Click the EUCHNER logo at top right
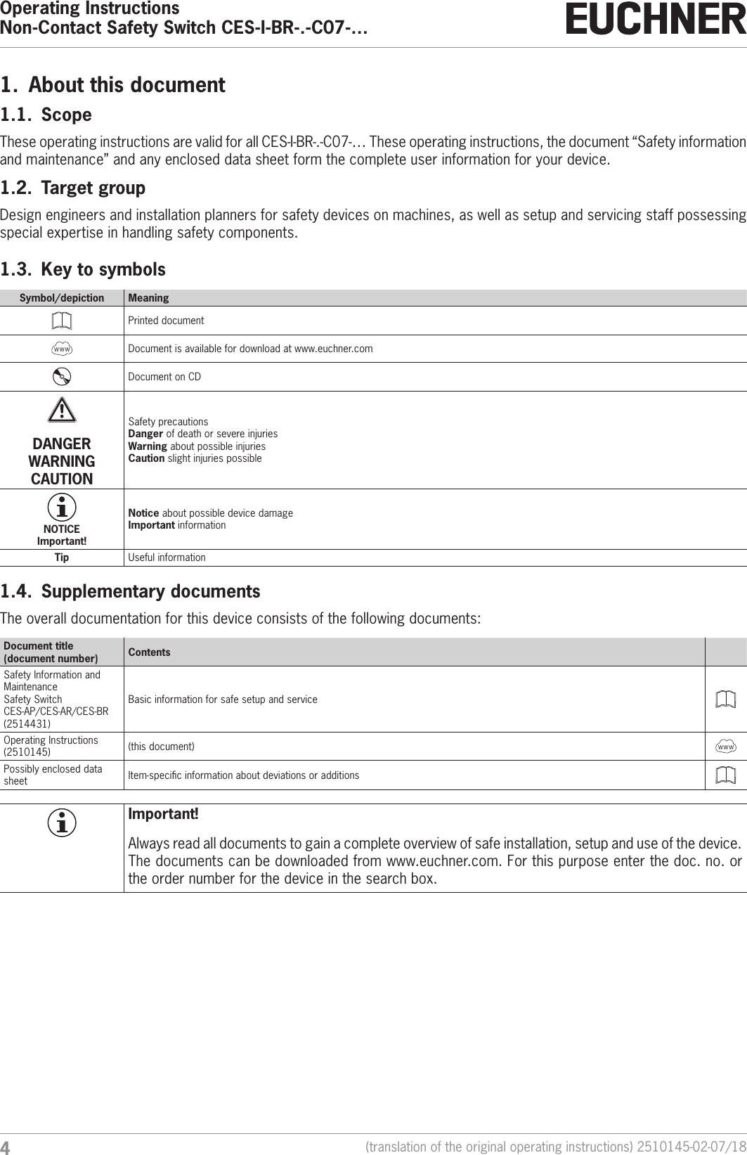pos(656,20)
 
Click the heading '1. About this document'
pos(113,85)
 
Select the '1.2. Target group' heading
pos(73,188)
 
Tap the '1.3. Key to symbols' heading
pos(83,269)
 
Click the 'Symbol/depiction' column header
pos(62,298)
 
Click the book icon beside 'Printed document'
pos(62,321)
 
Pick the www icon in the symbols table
pos(62,349)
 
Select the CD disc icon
pos(62,377)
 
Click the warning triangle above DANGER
pos(62,410)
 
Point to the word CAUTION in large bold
pos(62,479)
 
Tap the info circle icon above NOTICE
pos(62,507)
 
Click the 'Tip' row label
pos(62,557)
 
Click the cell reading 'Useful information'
pos(167,557)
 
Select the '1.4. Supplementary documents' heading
pos(130,591)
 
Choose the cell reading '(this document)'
pos(161,746)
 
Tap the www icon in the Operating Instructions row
pos(726,746)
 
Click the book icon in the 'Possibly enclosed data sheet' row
pos(726,775)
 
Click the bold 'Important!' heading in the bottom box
pos(163,814)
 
